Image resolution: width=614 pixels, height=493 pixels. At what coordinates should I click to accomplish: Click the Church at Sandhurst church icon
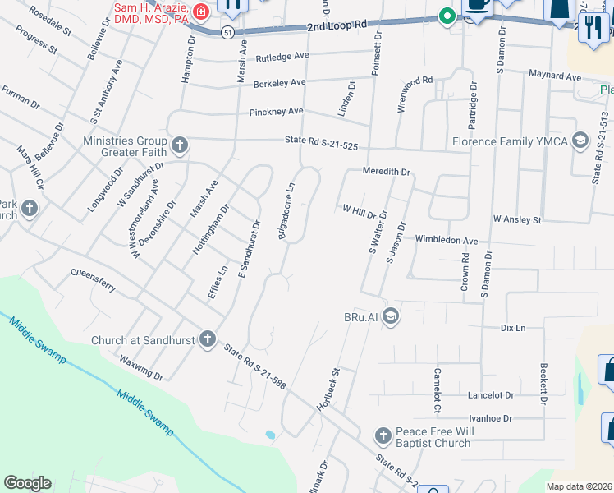pyautogui.click(x=208, y=338)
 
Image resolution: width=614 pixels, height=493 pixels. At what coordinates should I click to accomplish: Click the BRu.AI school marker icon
pyautogui.click(x=392, y=316)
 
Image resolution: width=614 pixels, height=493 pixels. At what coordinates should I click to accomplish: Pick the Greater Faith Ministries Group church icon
pyautogui.click(x=180, y=146)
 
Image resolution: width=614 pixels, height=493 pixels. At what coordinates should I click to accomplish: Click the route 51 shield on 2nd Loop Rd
pyautogui.click(x=227, y=31)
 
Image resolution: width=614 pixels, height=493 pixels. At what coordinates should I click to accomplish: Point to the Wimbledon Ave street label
pyautogui.click(x=447, y=240)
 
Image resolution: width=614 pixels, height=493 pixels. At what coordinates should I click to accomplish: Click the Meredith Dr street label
pyautogui.click(x=387, y=172)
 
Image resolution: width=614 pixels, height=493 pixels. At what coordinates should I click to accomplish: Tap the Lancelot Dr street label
pyautogui.click(x=490, y=395)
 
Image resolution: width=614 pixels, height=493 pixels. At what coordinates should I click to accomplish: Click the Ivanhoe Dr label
pyautogui.click(x=490, y=418)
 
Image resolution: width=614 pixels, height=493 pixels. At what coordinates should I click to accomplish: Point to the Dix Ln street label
pyautogui.click(x=512, y=327)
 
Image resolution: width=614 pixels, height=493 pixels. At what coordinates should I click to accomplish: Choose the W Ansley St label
pyautogui.click(x=517, y=220)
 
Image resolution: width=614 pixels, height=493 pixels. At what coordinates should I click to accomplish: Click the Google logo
pyautogui.click(x=27, y=483)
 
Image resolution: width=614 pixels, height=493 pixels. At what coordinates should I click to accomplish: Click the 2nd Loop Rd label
pyautogui.click(x=337, y=26)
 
